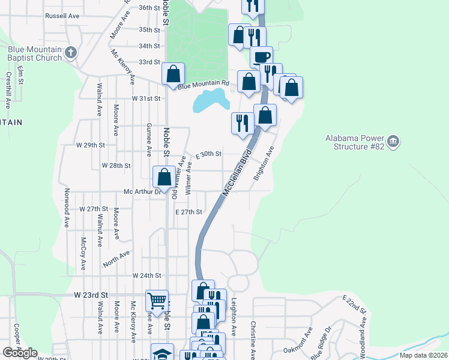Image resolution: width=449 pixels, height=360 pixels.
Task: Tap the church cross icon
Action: point(70,53)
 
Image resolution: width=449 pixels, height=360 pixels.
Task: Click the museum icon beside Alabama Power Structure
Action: point(393,141)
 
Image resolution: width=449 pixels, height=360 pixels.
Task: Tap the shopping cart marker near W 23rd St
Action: point(157,301)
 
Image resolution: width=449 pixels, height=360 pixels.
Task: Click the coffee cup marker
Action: point(261,57)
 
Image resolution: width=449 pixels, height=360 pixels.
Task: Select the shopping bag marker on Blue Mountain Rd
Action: point(173,74)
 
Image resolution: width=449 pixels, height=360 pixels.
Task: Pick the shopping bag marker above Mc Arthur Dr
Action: point(164,176)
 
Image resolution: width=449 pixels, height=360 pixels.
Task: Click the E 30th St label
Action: point(208,154)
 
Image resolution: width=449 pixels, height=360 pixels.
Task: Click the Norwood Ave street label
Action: point(66,209)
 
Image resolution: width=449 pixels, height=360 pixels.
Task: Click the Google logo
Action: point(20,353)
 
